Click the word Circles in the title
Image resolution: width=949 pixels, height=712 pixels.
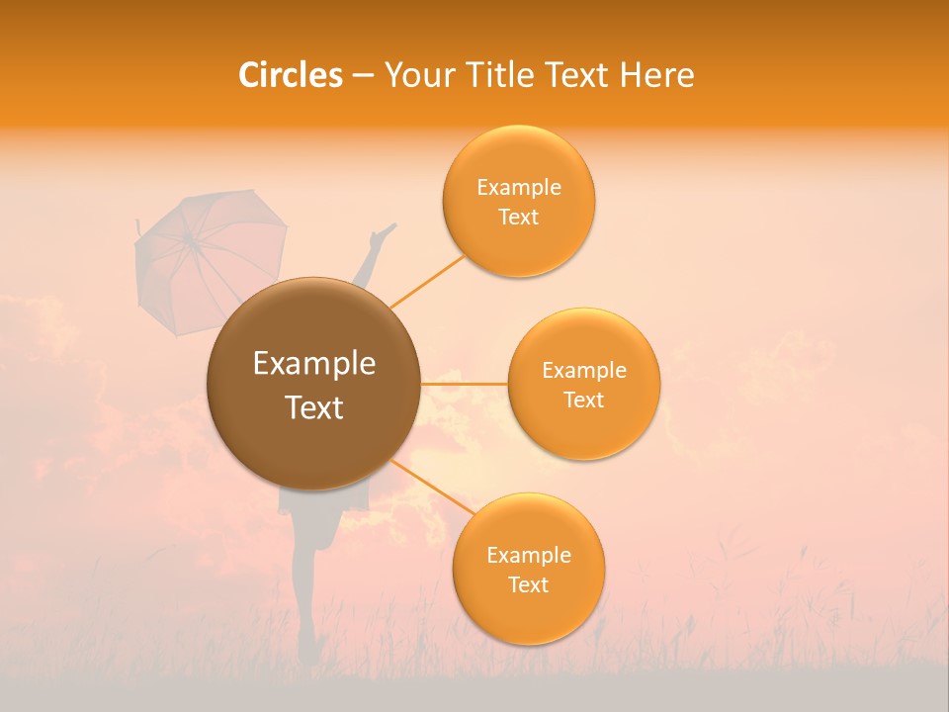tap(290, 75)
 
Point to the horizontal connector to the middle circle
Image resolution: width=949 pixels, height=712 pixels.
tap(464, 384)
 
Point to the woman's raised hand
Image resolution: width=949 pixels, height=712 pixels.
tap(383, 233)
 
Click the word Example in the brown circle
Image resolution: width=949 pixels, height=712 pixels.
tap(314, 364)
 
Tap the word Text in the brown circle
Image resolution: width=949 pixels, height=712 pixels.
tap(314, 407)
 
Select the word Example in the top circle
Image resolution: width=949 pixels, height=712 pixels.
tap(518, 188)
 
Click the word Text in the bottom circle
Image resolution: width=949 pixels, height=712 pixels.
tap(528, 585)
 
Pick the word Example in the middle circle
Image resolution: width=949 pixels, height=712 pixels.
tap(583, 371)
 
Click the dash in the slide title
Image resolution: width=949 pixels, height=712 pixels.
tap(363, 76)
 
